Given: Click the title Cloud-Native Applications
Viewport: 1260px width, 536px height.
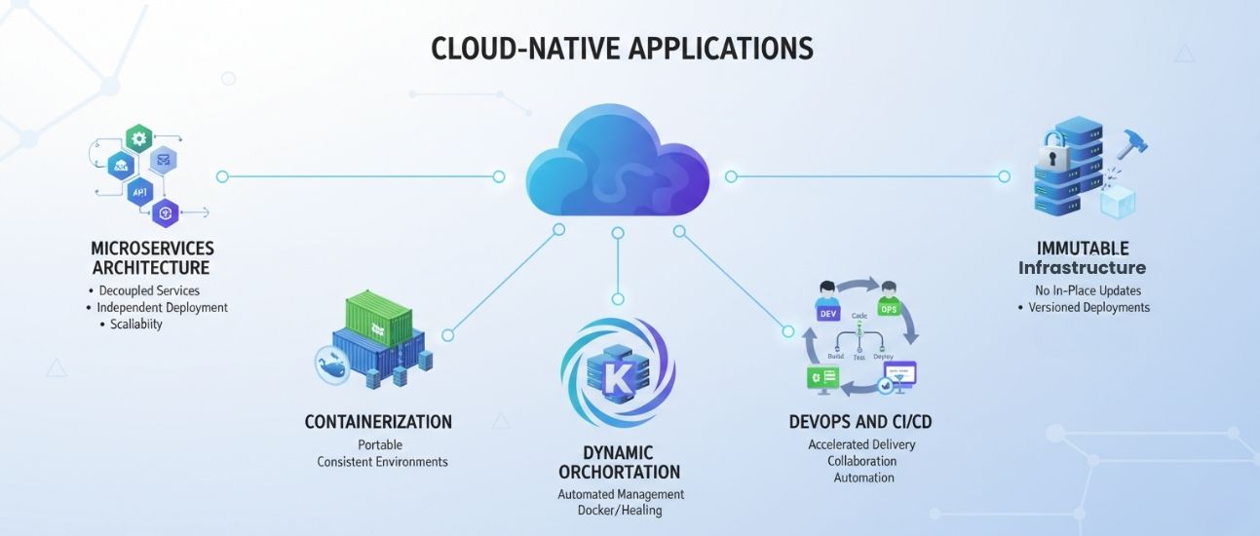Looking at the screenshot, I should tap(622, 49).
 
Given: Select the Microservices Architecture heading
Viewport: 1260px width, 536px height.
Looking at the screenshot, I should tap(152, 257).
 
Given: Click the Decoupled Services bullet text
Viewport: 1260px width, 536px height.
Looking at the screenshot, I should tap(149, 290).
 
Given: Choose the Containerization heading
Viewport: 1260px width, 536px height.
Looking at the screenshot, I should tap(378, 422).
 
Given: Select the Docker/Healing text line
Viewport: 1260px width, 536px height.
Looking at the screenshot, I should tap(621, 511).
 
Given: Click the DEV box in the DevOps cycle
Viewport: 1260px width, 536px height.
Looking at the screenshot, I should tap(828, 314).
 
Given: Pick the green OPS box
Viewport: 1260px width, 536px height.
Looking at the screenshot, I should tap(888, 309).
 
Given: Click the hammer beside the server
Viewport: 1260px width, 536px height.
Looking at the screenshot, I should tap(1131, 143).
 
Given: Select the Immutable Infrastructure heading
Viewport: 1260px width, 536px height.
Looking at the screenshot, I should tap(1082, 258).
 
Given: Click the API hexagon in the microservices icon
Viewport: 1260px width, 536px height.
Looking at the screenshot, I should tap(139, 193).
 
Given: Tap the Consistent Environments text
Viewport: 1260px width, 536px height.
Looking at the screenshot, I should tap(383, 461).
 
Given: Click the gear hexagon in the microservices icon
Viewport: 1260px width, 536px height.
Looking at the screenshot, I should tap(138, 138).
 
